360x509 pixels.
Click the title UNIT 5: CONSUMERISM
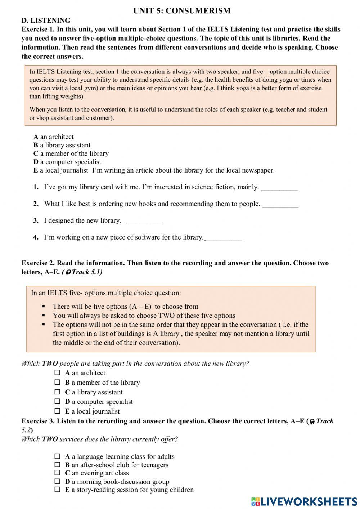point(182,11)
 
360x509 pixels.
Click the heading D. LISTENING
point(46,21)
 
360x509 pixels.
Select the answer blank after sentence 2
point(280,204)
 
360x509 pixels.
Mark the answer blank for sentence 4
point(224,238)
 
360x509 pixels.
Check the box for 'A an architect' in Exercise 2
point(57,373)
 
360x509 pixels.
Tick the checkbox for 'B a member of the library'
point(57,382)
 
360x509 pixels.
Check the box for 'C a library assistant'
point(57,392)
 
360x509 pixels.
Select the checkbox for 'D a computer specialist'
point(57,401)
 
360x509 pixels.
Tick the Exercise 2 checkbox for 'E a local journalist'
point(57,411)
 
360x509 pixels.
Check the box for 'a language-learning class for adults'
point(57,456)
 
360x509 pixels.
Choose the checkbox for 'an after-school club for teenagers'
point(57,465)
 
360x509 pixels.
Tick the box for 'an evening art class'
point(57,473)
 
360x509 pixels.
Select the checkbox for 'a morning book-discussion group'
point(57,481)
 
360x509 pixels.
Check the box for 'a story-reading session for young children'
point(57,490)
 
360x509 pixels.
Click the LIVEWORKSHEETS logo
point(304,501)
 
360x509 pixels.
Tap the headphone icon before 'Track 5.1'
point(68,273)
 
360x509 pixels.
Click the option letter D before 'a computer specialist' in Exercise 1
point(36,162)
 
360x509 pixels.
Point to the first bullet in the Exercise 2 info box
point(44,307)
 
